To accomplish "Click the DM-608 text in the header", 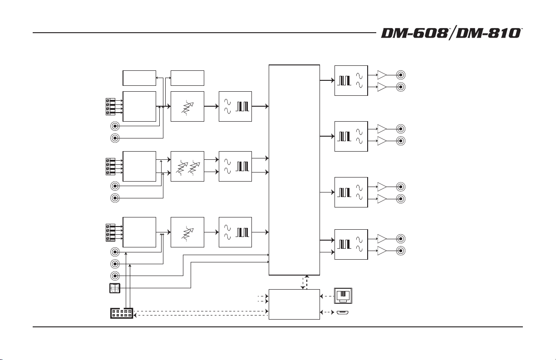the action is pos(414,33).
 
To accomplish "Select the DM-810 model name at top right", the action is pos(488,33).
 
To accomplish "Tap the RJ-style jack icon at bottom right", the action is pos(343,296).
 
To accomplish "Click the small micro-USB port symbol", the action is pos(343,312).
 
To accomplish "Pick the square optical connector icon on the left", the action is pos(115,288).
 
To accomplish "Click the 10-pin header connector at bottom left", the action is pos(122,313).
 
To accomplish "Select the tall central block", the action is pos(294,170).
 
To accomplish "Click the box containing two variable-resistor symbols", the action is pos(187,166).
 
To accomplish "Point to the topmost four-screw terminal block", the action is pos(110,107).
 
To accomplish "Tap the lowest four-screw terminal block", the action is pos(110,232).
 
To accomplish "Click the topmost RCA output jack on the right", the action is pos(401,75).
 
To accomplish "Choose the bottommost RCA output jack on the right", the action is pos(401,251).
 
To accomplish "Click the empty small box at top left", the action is pos(139,78).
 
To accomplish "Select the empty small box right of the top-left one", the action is pos(187,78).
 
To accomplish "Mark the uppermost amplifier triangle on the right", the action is pos(382,75).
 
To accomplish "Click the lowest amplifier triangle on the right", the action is pos(382,251).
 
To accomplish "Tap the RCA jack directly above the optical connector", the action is pos(115,276).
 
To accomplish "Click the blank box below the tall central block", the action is pos(294,304).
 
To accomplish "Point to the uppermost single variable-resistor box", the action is pos(187,107).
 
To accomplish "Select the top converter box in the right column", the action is pos(351,81).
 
